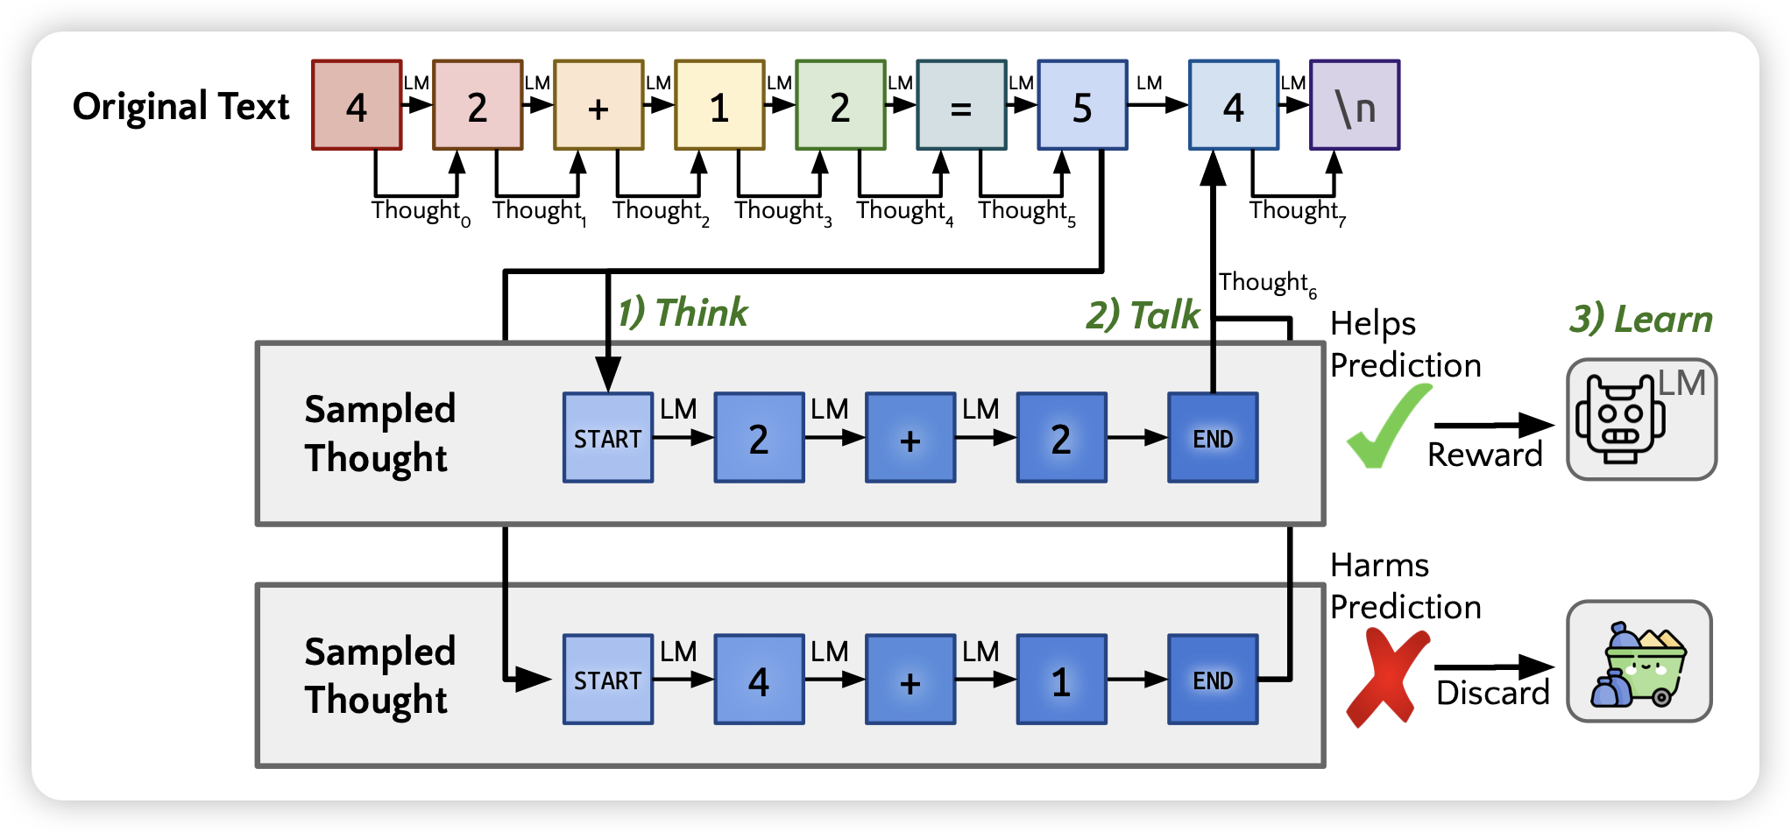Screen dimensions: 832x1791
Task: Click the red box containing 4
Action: [357, 105]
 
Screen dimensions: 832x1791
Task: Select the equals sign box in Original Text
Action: [961, 105]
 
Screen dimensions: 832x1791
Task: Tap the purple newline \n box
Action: [1354, 105]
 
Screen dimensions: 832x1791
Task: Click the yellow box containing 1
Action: [719, 105]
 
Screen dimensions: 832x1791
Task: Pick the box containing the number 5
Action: [1082, 105]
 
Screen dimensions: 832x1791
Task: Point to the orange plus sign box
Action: [598, 105]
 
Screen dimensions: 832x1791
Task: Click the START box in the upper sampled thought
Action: [608, 438]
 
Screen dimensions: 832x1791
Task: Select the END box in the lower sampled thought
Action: [1213, 680]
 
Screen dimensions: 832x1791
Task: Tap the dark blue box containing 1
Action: [1061, 680]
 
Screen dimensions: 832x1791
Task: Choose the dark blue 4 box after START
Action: [759, 680]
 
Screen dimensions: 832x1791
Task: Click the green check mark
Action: [1385, 427]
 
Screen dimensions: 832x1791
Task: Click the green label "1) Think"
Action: [683, 313]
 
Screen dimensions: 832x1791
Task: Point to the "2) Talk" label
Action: [1142, 315]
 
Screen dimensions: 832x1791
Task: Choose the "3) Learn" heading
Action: [1640, 320]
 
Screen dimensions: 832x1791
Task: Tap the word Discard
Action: [1492, 694]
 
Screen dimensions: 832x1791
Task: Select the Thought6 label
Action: [1267, 283]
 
